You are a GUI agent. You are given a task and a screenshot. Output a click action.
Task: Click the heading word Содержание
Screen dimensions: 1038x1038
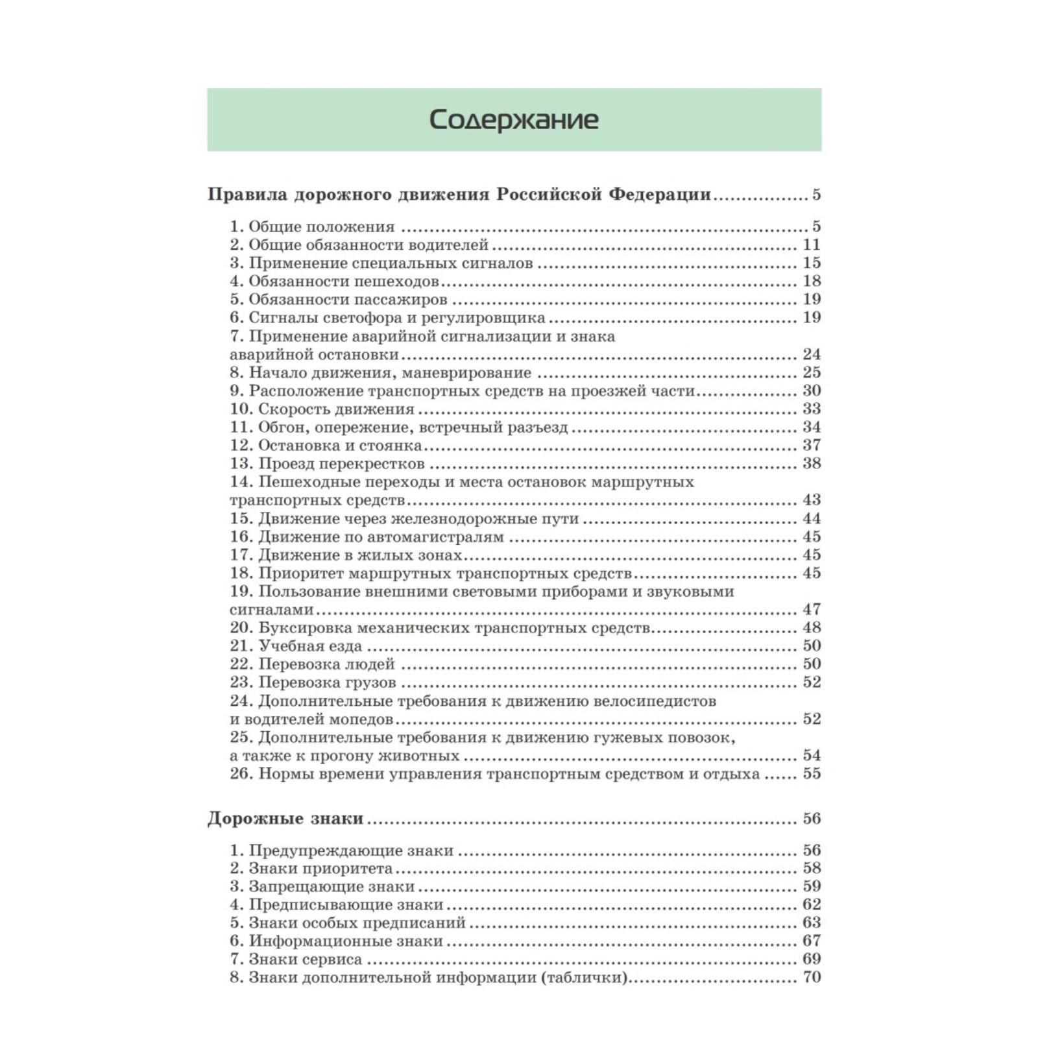point(513,121)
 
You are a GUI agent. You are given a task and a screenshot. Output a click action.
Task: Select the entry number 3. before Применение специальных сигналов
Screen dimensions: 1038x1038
point(237,263)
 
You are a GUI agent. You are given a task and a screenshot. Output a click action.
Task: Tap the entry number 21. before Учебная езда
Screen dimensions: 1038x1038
point(241,646)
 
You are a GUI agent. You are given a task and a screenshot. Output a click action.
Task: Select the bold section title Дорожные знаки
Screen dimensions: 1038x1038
point(285,819)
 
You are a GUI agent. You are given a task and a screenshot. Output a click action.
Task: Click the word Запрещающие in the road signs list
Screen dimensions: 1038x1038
point(299,886)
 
